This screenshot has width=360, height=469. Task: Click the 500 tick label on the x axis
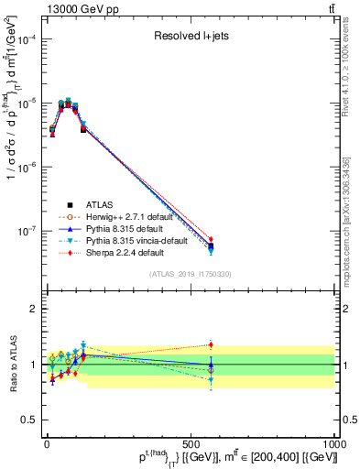pyautogui.click(x=190, y=444)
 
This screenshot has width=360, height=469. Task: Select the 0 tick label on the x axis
pyautogui.click(x=47, y=444)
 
